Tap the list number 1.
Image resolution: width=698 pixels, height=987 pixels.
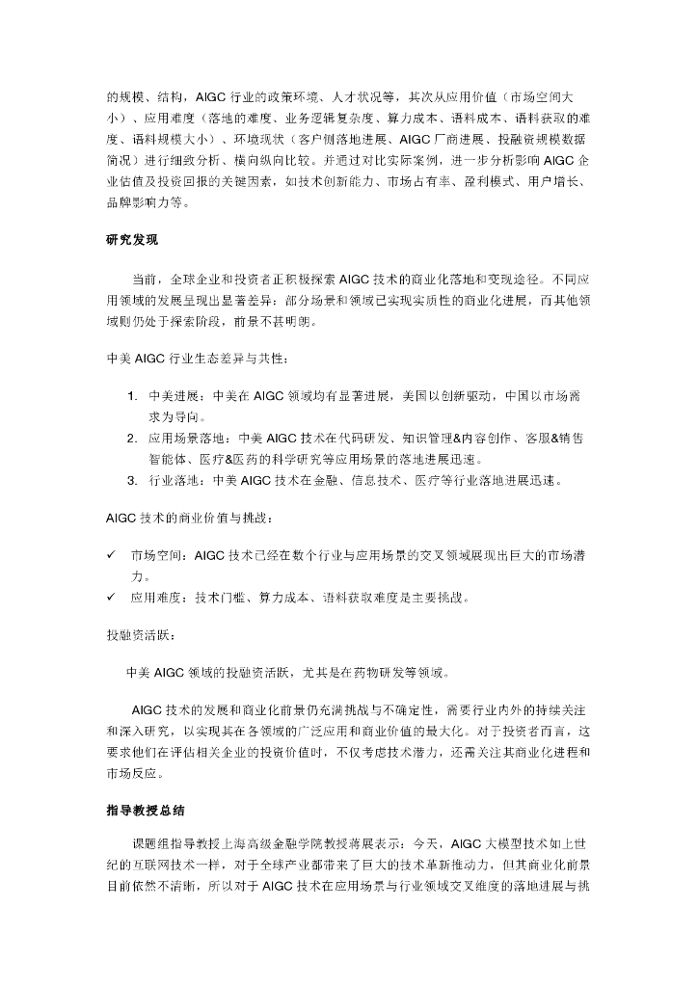point(132,396)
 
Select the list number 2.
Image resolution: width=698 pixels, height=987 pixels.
point(132,438)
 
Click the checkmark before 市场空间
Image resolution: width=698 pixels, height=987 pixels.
point(111,556)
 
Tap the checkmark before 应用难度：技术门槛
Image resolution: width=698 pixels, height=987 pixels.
point(111,598)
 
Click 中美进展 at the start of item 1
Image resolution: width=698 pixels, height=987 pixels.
point(173,396)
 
